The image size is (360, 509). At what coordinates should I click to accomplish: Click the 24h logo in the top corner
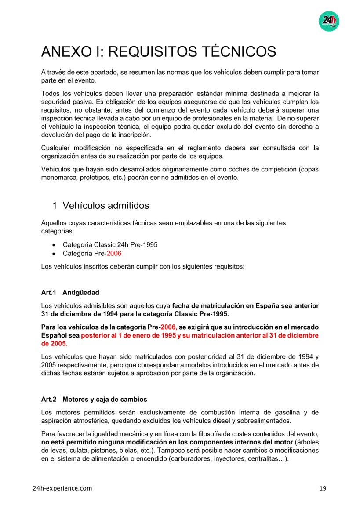coord(329,21)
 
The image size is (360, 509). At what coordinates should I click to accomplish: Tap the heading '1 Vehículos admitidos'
coord(101,205)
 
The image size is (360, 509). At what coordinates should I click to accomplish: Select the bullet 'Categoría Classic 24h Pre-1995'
coord(110,244)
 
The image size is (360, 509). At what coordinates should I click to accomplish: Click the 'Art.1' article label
coord(49,292)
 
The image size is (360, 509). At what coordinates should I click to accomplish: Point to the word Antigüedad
coord(81,292)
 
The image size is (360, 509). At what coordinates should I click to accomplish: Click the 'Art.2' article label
coord(49,399)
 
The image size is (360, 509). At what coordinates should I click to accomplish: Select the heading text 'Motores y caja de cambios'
coord(105,399)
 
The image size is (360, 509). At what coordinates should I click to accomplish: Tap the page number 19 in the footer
coord(323,488)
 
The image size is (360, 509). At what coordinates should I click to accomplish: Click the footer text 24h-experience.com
coord(62,488)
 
